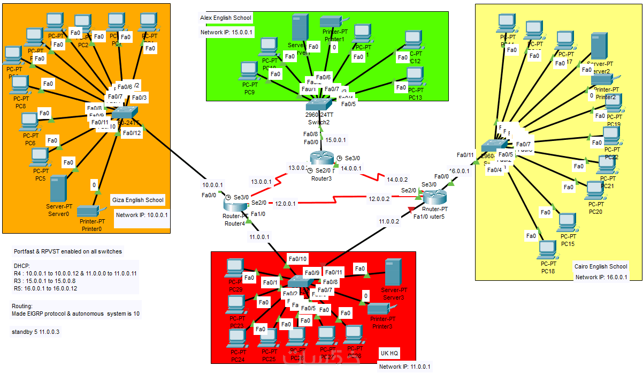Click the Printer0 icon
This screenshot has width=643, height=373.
(x=88, y=211)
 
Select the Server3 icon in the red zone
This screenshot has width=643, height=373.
(x=393, y=272)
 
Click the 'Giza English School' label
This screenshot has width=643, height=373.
(x=138, y=200)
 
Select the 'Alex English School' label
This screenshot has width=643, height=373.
(x=226, y=18)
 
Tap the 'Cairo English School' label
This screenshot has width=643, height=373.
(x=601, y=266)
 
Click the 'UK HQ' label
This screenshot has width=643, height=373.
(x=389, y=353)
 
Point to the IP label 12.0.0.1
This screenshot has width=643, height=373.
(x=286, y=203)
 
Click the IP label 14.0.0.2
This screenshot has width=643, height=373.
(x=397, y=180)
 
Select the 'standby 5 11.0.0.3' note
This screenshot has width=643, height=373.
(x=35, y=332)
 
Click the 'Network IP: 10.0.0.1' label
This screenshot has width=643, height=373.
(x=142, y=215)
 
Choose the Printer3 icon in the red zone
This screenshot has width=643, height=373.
(x=381, y=309)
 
